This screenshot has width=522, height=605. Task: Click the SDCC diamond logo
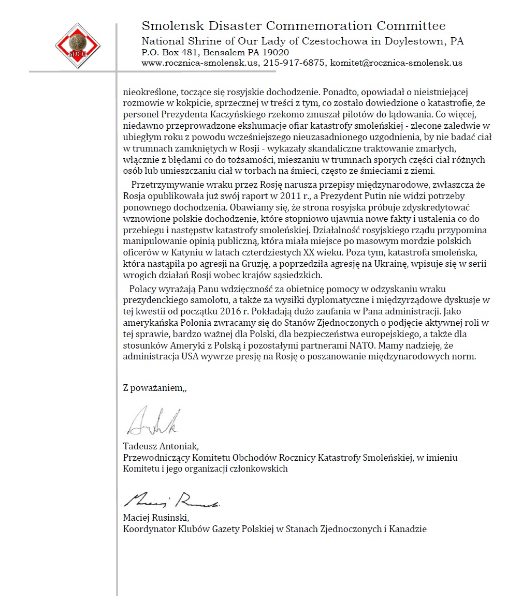(x=78, y=46)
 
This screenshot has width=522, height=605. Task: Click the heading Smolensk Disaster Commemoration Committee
(x=293, y=26)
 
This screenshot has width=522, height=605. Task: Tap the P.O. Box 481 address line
(x=215, y=52)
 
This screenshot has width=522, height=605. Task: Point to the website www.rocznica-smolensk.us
(x=200, y=63)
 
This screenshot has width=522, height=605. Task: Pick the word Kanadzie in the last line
(x=408, y=529)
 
